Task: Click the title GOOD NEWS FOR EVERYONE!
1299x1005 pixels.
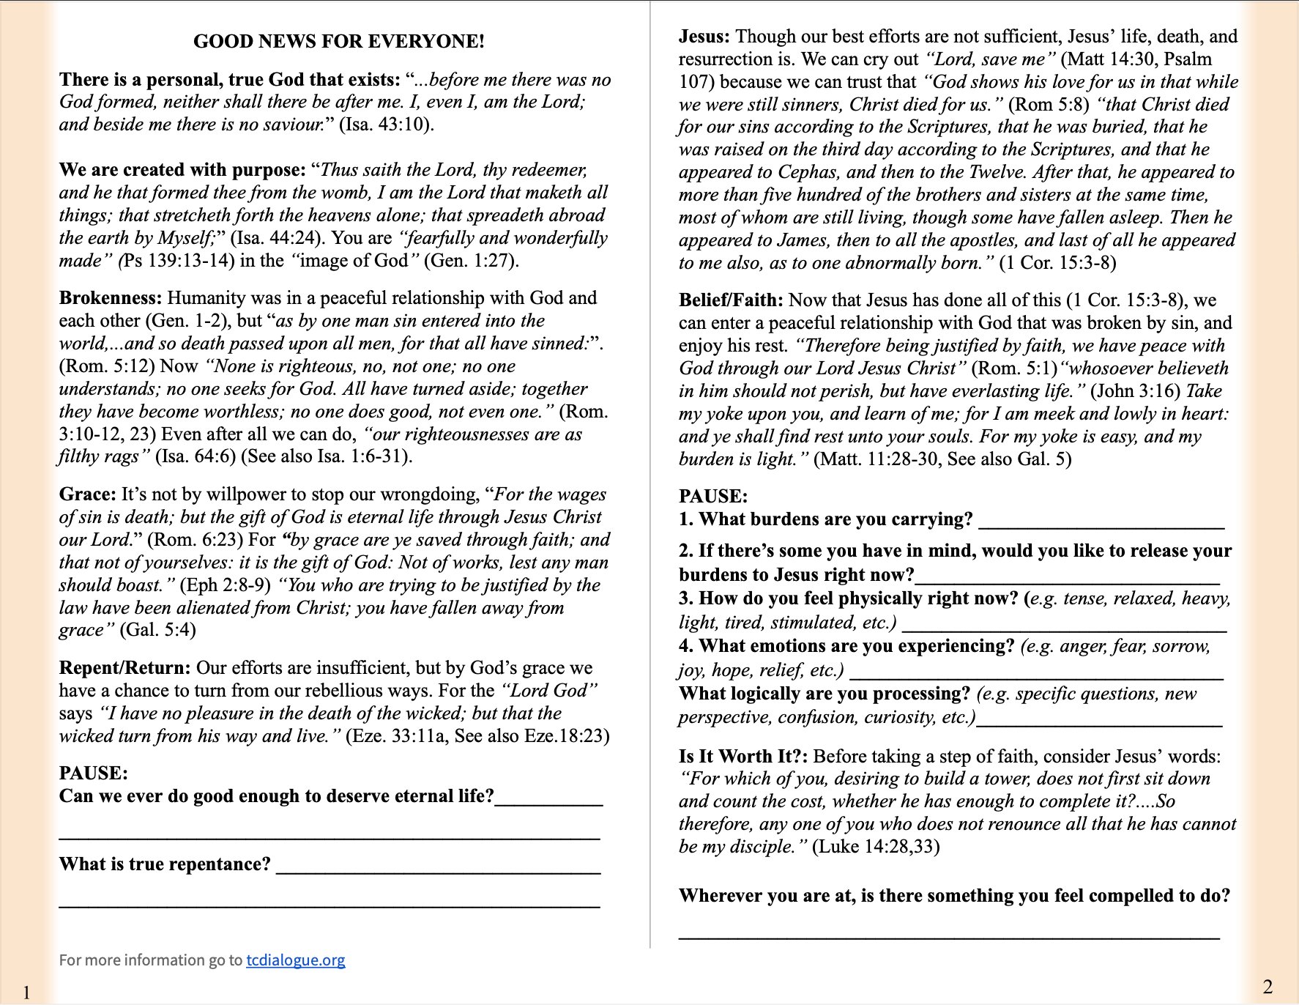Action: (338, 42)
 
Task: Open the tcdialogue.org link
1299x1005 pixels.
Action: (295, 960)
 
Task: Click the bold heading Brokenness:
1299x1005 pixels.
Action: (110, 298)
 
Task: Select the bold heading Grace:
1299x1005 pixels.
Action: (87, 494)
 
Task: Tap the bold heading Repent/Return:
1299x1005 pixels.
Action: (124, 668)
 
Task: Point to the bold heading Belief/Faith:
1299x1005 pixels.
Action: (730, 300)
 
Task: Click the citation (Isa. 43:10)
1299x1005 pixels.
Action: (386, 125)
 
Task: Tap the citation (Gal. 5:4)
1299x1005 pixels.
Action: (157, 630)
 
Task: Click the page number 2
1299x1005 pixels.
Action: (1268, 986)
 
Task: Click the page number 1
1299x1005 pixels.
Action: (26, 993)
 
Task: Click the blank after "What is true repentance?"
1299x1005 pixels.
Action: (438, 867)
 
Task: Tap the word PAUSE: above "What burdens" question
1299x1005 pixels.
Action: (712, 497)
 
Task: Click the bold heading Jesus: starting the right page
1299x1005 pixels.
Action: (704, 37)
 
